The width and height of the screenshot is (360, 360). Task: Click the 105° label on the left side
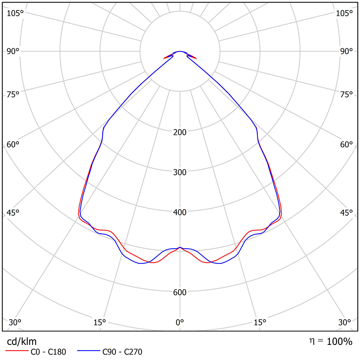click(15, 13)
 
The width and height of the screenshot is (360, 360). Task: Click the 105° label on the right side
click(344, 13)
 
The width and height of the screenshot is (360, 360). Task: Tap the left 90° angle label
click(13, 51)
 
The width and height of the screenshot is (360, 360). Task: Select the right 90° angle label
click(346, 51)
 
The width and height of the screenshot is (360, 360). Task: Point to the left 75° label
click(13, 95)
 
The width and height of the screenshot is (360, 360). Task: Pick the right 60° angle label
click(346, 145)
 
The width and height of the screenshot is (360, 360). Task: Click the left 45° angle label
click(13, 213)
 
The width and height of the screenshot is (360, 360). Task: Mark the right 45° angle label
click(346, 213)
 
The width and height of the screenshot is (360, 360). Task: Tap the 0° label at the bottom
click(180, 322)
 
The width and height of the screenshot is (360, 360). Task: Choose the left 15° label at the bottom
click(99, 322)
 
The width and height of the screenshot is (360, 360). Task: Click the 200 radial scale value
click(180, 132)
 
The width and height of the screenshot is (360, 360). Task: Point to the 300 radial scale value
click(180, 172)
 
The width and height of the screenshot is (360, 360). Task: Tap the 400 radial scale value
click(180, 212)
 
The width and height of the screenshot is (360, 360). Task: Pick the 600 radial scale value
click(180, 292)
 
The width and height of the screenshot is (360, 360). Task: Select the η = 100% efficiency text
click(330, 341)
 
